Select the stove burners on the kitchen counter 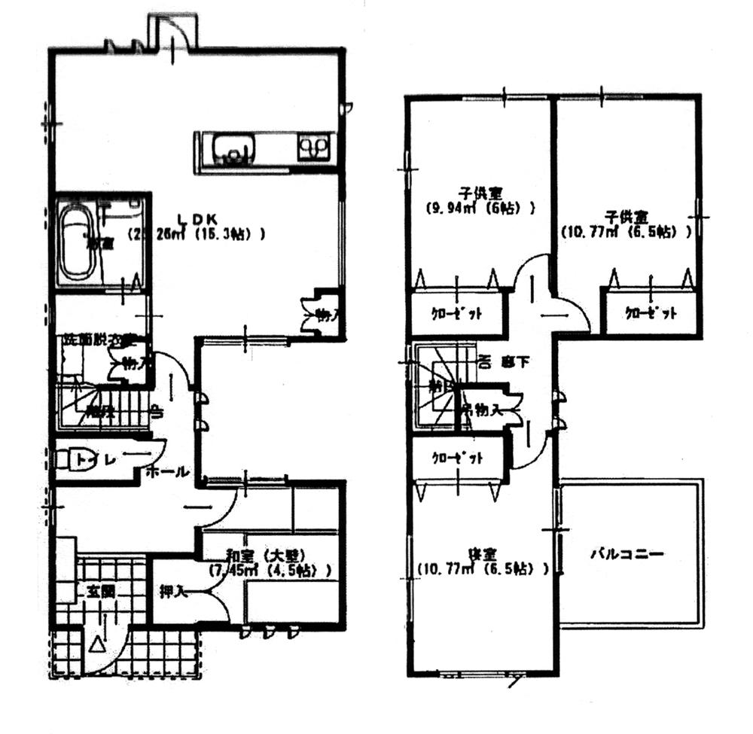313,145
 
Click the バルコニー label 626,555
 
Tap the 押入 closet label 172,591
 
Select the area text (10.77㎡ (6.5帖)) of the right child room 626,233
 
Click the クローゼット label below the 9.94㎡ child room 456,313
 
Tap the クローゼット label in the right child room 651,313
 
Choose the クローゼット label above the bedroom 456,458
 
